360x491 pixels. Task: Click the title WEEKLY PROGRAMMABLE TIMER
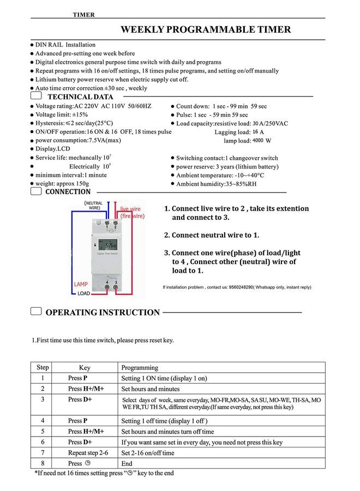206,29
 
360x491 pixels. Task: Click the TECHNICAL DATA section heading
80,97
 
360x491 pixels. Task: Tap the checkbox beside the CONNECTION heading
36,191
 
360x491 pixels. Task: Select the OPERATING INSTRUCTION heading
103,313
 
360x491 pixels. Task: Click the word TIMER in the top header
83,15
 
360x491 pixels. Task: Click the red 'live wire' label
131,209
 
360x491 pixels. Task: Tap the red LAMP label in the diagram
81,285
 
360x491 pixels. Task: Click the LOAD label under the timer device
83,294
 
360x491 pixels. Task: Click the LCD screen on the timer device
110,245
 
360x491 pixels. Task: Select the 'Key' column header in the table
85,368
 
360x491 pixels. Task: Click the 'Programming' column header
140,368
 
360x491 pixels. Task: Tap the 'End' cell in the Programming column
127,464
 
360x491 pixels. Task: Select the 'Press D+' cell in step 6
80,442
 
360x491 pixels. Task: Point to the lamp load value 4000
258,140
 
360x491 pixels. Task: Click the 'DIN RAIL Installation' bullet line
65,45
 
